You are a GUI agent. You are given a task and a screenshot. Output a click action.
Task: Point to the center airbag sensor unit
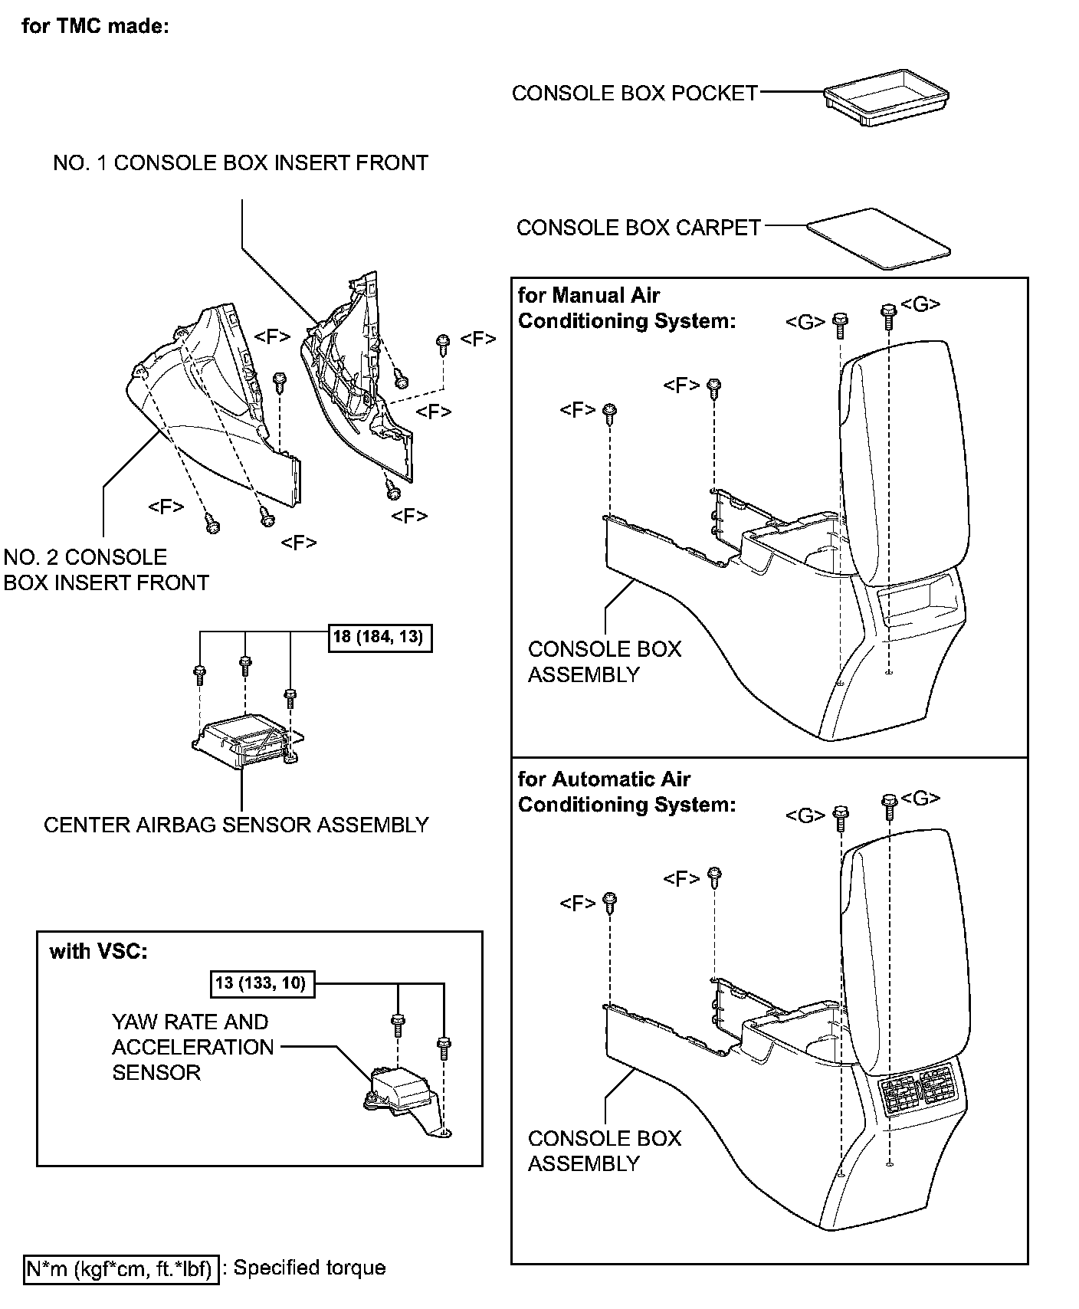(248, 738)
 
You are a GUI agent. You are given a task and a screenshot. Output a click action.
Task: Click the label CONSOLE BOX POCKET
(635, 93)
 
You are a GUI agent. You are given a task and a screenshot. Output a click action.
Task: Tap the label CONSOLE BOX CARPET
(638, 228)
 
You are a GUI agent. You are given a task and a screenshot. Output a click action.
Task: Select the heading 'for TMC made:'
(95, 26)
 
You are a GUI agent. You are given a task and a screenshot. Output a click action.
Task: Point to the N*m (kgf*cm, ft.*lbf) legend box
(122, 1268)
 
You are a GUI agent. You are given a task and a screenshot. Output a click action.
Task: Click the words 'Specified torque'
(310, 1268)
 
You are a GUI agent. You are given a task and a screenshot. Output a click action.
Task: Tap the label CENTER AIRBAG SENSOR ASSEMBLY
(236, 825)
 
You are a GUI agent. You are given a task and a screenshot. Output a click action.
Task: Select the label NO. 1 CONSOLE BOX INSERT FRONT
(241, 162)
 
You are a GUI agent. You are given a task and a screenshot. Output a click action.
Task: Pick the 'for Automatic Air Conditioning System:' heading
(626, 792)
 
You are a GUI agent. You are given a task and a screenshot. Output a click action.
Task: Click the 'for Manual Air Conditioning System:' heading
(626, 307)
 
